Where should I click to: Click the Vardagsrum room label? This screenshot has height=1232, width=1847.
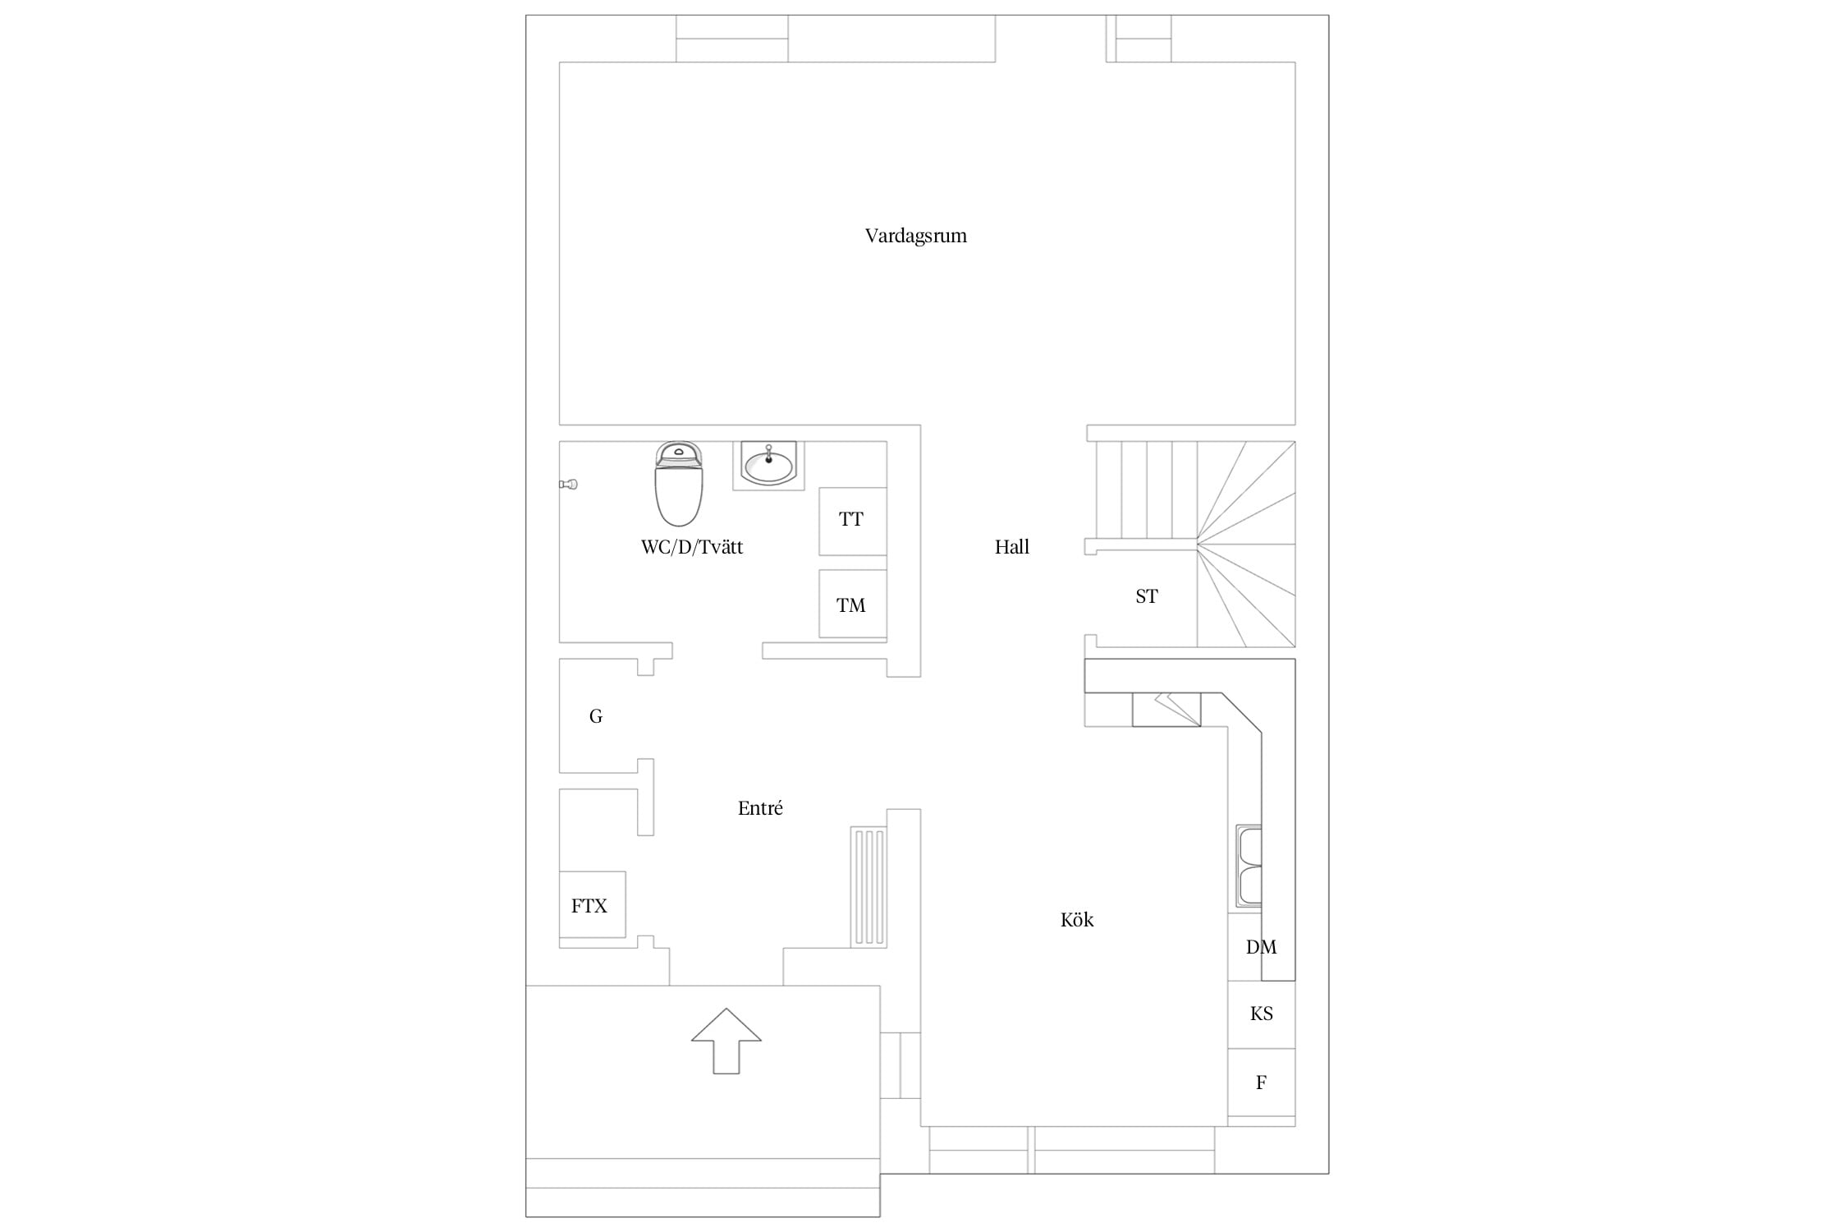pos(915,237)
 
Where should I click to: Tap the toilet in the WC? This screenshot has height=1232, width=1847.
pos(678,485)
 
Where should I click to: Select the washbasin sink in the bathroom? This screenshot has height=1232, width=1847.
pos(768,466)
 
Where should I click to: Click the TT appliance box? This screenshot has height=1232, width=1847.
pos(852,521)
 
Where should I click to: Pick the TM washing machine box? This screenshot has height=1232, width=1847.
pos(852,604)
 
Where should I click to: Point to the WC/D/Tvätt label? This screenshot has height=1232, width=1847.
pos(692,548)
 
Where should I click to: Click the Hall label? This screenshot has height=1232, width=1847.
pos(1011,547)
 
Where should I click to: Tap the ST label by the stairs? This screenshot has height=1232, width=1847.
pos(1146,597)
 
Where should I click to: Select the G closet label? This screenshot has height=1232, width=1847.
pos(596,717)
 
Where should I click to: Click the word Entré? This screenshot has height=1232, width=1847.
pos(760,808)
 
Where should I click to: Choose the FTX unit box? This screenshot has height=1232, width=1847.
pos(592,904)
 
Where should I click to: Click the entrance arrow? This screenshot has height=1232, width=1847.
pos(726,1041)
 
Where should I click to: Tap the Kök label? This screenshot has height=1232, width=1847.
pos(1077,920)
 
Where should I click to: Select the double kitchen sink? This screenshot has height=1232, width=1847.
pos(1249,867)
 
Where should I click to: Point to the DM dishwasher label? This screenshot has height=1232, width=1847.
pos(1261,948)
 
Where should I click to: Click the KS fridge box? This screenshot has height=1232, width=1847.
pos(1262,1014)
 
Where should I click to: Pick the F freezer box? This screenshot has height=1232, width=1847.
pos(1262,1083)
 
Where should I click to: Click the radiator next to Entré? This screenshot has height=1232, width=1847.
pos(869,886)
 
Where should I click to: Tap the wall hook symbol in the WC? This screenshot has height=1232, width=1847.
pos(568,485)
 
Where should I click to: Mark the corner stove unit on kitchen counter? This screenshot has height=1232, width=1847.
pos(1166,710)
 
